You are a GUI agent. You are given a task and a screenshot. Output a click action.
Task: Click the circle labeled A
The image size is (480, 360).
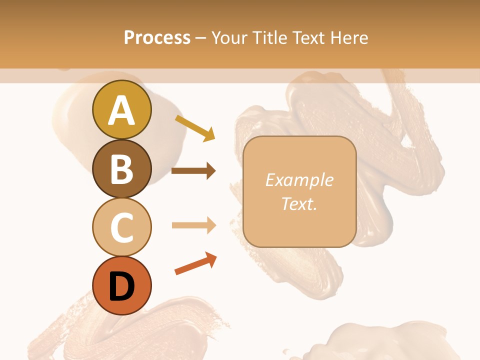tap(122, 110)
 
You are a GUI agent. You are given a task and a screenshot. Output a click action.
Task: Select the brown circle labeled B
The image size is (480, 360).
tap(122, 168)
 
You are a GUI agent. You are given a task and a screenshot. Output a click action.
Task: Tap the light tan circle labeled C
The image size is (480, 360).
tap(122, 227)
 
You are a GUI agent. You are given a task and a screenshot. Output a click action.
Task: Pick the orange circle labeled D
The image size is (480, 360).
tap(122, 285)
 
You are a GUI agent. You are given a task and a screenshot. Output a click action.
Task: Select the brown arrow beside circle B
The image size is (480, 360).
tap(193, 171)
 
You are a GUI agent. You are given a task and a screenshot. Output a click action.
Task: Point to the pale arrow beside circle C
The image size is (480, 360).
tap(193, 225)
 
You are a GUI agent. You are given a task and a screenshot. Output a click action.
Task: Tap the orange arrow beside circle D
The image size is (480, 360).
tap(195, 264)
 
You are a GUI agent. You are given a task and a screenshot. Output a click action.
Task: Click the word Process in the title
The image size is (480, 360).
tap(157, 37)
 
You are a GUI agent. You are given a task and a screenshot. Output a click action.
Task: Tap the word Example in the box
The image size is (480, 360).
tap(299, 180)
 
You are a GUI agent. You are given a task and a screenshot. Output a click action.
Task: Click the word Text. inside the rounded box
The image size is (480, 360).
tap(299, 203)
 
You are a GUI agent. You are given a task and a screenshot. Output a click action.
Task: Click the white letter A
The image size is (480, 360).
tap(122, 111)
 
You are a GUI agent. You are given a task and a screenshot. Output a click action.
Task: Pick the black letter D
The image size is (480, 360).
tap(122, 286)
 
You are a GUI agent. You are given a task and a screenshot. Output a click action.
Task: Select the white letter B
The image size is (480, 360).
tap(122, 169)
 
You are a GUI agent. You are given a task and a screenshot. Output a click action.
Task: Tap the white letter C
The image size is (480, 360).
tap(122, 227)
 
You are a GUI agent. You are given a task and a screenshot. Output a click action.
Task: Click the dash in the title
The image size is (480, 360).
tap(201, 38)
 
